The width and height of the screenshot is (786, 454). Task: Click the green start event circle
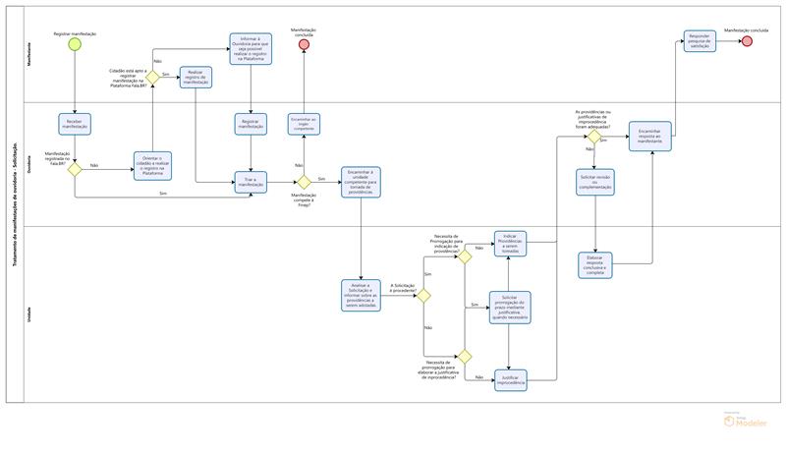click(76, 46)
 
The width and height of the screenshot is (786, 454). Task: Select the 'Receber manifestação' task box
click(76, 124)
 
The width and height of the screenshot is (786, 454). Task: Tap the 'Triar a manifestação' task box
click(251, 182)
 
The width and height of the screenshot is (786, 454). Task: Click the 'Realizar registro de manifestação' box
click(196, 78)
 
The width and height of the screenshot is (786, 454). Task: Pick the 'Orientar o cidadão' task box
click(152, 167)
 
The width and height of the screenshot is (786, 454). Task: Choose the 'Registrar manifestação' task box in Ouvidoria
click(251, 125)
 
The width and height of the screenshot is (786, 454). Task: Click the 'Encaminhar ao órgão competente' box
click(303, 124)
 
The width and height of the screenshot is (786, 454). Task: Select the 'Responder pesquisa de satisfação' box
click(700, 41)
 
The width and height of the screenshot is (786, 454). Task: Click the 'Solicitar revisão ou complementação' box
click(595, 182)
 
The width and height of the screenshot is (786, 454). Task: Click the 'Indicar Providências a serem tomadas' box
click(509, 243)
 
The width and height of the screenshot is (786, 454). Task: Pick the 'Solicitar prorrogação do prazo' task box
click(509, 306)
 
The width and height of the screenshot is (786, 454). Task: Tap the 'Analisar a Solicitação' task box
click(362, 294)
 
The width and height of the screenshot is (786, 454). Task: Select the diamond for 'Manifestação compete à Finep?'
click(304, 182)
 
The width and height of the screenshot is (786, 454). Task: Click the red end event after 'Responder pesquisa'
click(748, 41)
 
